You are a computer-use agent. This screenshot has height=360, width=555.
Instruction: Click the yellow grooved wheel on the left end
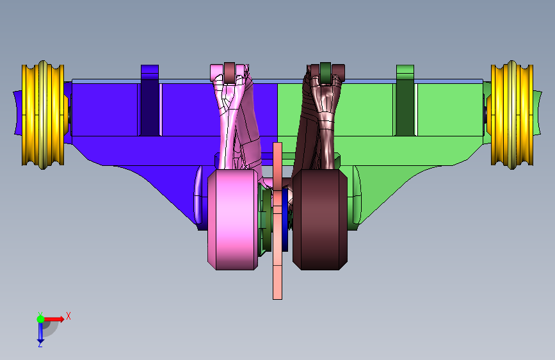pyautogui.click(x=43, y=115)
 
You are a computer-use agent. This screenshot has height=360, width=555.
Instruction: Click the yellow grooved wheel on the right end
pyautogui.click(x=512, y=115)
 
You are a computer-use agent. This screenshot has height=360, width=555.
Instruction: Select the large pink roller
pyautogui.click(x=232, y=219)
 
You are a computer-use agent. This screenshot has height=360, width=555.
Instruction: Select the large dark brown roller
pyautogui.click(x=320, y=219)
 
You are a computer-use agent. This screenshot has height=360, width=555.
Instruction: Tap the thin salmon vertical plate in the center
pyautogui.click(x=278, y=221)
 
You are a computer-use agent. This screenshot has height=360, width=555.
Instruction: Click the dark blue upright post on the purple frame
pyautogui.click(x=150, y=101)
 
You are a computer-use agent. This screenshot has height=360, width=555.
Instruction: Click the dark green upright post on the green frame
pyautogui.click(x=405, y=101)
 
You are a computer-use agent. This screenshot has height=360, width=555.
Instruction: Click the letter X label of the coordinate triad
pyautogui.click(x=68, y=316)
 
